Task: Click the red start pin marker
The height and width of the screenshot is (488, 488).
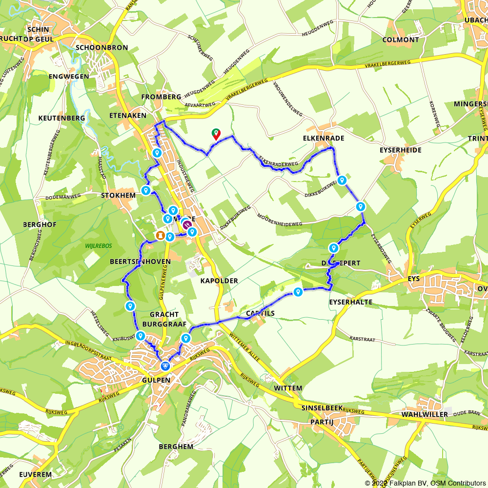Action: point(215,134)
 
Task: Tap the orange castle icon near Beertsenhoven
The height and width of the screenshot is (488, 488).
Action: point(159,236)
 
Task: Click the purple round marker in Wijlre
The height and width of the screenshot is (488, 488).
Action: point(187,224)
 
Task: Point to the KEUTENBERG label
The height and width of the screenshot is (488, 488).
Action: point(61,118)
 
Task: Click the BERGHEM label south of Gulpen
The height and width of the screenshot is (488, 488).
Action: point(176,447)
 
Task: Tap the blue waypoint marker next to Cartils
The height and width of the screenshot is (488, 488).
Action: point(298,292)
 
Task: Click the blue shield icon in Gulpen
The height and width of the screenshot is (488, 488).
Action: point(166,366)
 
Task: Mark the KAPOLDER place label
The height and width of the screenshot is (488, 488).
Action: point(219,281)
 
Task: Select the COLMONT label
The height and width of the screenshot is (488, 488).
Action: point(401,40)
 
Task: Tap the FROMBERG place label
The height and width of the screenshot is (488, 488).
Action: point(161,97)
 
